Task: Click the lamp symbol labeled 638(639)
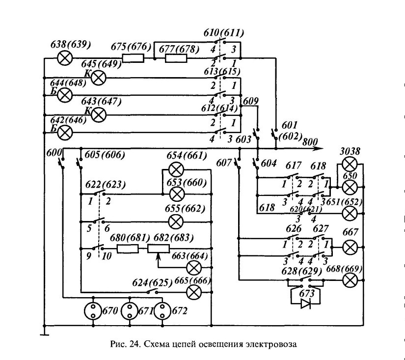coord(65,58)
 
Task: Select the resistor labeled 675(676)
coord(133,58)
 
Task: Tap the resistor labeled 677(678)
coord(176,58)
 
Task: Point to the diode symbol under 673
coord(306,304)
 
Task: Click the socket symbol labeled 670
coord(93,311)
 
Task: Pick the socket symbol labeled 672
coord(162,311)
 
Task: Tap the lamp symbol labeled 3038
coord(350,165)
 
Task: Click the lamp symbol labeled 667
coord(350,248)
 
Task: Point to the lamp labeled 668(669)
coord(350,280)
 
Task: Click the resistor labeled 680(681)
coord(128,249)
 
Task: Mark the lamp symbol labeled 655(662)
coord(176,222)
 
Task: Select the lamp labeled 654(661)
coord(176,170)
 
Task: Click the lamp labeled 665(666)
coord(194,292)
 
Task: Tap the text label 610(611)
coord(224,33)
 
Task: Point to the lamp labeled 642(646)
coord(65,133)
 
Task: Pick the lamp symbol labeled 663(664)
coord(194,268)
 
